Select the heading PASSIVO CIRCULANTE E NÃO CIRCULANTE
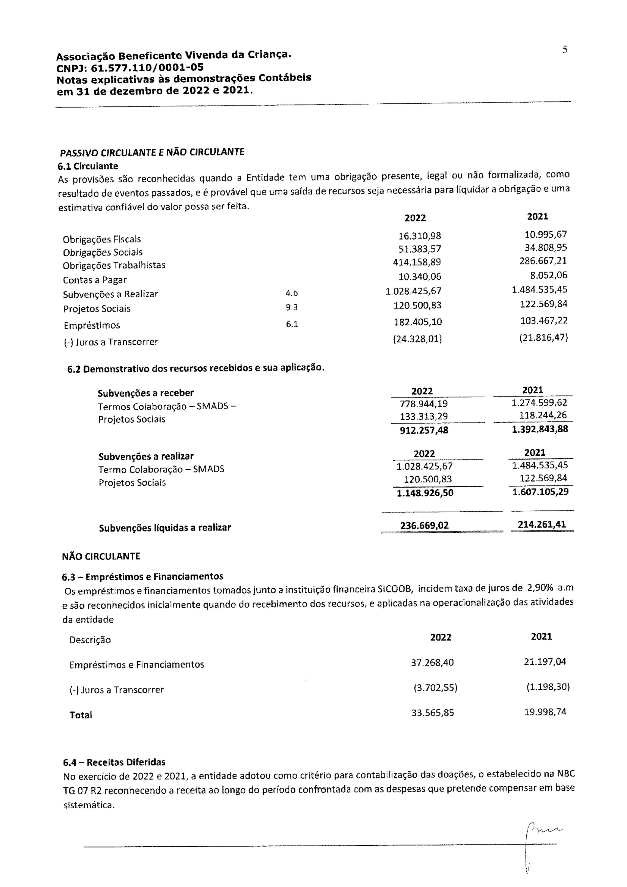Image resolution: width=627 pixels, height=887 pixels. [152, 152]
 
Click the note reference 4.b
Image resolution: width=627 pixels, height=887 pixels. [292, 294]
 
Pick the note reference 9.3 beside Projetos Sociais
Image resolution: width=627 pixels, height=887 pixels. [292, 308]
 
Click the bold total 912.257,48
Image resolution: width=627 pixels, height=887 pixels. [424, 430]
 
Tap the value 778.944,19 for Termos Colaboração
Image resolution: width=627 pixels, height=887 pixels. [423, 404]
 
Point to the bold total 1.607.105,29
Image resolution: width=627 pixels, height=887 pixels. [540, 493]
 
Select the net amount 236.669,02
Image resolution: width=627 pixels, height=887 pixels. [424, 526]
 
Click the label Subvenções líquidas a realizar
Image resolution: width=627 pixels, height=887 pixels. [165, 528]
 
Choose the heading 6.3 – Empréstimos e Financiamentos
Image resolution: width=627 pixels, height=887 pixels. [142, 577]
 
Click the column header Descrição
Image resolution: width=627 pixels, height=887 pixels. [90, 640]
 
